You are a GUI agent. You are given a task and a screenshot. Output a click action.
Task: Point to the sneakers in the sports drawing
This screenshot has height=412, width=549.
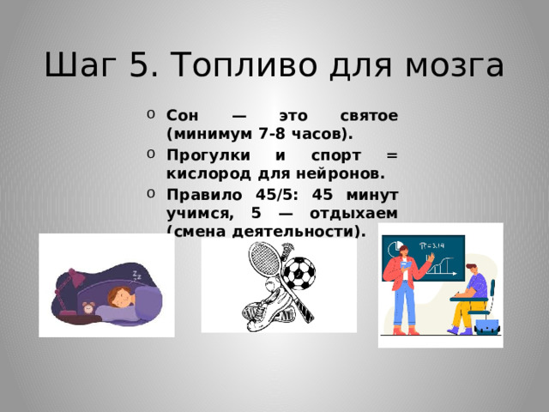[x=262, y=312]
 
